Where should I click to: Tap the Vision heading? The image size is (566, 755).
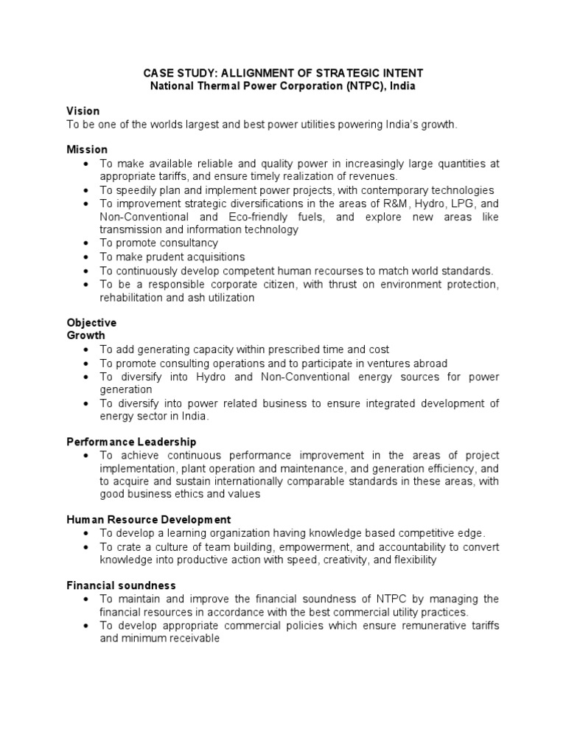click(83, 111)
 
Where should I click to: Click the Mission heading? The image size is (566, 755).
click(87, 150)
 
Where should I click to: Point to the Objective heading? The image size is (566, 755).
click(91, 323)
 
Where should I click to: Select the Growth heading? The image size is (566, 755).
click(86, 335)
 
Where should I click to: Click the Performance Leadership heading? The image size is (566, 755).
click(131, 442)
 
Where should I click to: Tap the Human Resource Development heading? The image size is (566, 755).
click(148, 520)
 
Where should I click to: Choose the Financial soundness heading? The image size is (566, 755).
click(121, 585)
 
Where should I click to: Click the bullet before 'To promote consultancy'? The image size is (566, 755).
click(88, 243)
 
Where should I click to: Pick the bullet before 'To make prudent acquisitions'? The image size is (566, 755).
click(88, 257)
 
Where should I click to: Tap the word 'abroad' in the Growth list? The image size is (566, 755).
click(430, 363)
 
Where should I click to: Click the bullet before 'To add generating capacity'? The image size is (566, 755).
click(88, 349)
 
